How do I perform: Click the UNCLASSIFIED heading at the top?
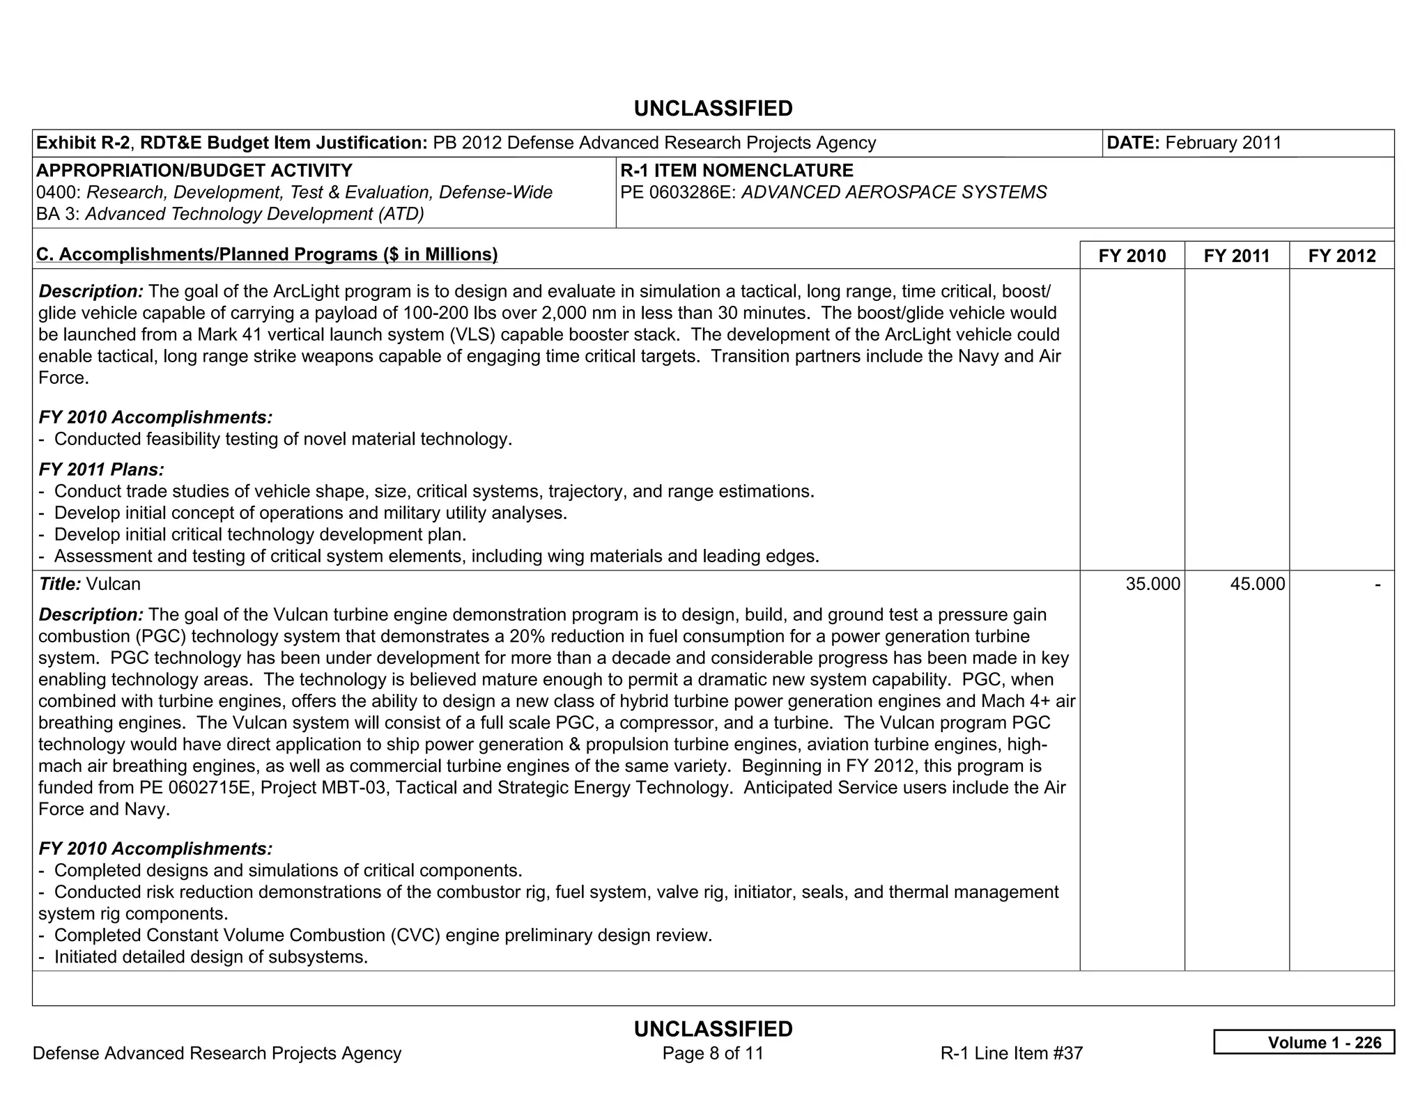[713, 109]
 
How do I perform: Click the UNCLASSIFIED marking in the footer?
[713, 1029]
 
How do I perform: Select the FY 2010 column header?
[1132, 256]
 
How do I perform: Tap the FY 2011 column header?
[1236, 256]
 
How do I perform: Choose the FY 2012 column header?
[1341, 256]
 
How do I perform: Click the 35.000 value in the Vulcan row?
[1152, 584]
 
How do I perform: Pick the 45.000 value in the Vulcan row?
[1257, 584]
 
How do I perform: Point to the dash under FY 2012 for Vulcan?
[1377, 584]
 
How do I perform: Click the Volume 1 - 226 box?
[1304, 1042]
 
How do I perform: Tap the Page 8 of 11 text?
[713, 1053]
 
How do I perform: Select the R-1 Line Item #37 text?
[1011, 1053]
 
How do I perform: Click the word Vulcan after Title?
[113, 584]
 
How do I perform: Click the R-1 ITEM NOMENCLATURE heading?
[736, 171]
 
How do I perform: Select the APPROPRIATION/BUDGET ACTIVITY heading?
[194, 171]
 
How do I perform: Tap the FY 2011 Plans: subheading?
[102, 470]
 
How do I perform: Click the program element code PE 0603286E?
[678, 192]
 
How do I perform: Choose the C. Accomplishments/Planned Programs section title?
[267, 255]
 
